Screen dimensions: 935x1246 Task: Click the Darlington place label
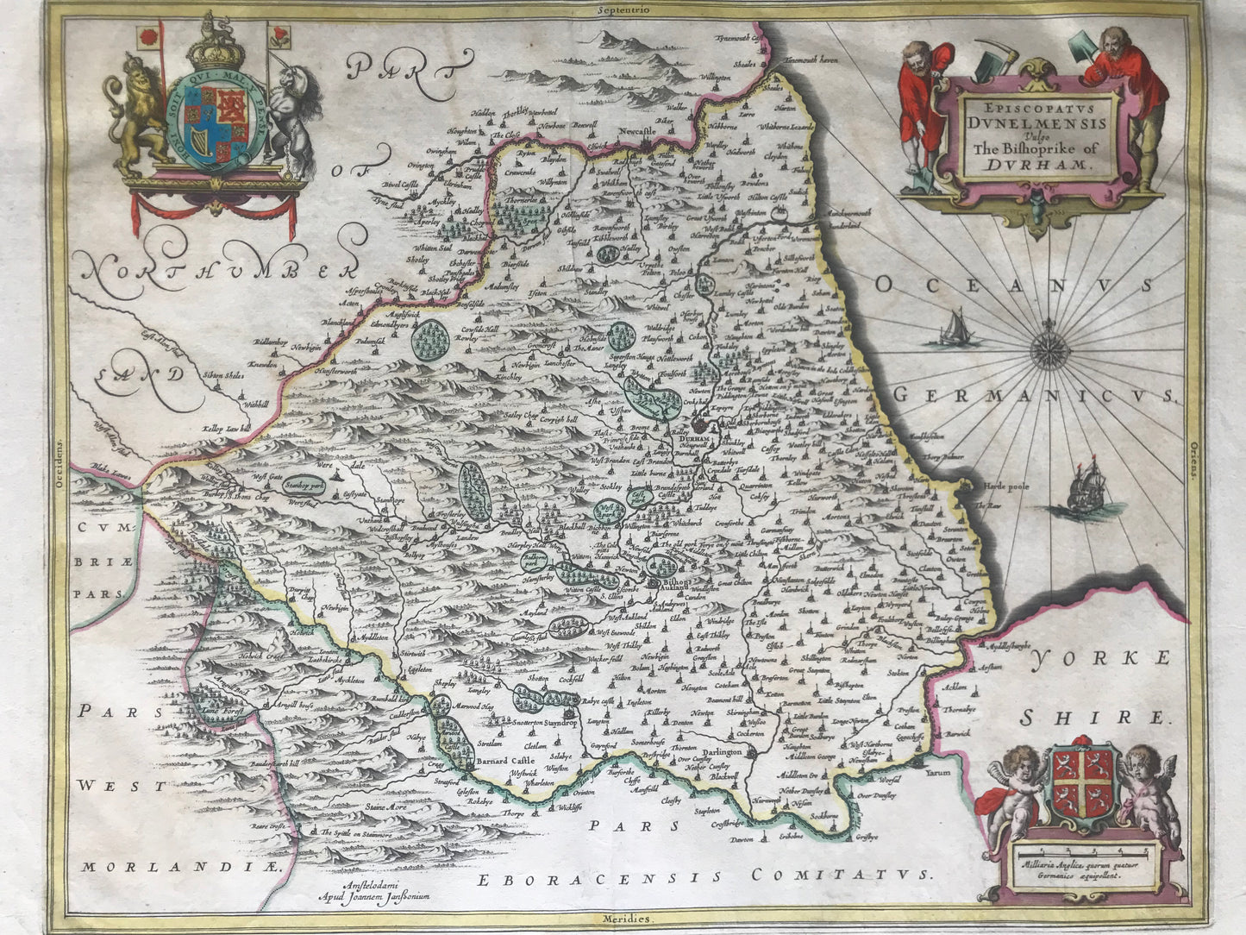[716, 752]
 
